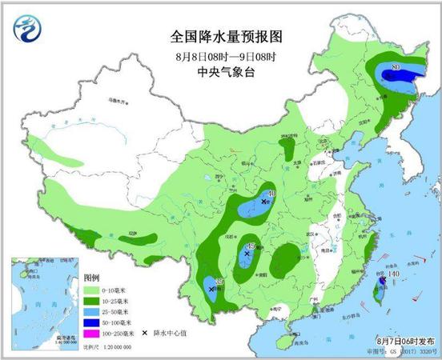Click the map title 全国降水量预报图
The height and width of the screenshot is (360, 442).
[x=227, y=36]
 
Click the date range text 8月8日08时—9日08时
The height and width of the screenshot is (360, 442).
[x=227, y=56]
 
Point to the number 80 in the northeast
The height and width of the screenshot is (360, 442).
[x=396, y=68]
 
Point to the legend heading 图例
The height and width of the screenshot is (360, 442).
[x=91, y=278]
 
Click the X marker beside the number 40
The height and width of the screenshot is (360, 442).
[x=264, y=203]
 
